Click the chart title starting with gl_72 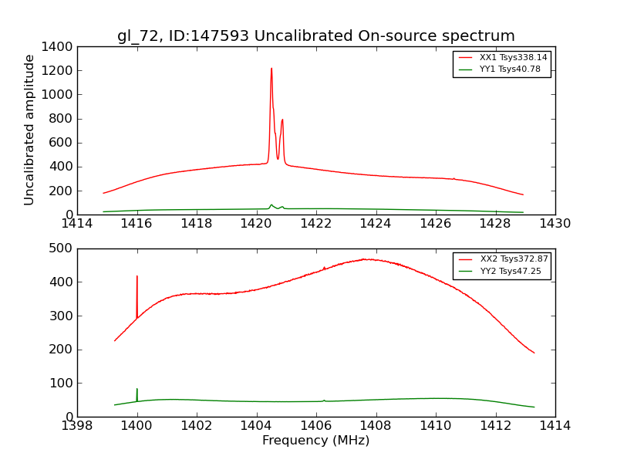[316, 36]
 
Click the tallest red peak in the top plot [271, 69]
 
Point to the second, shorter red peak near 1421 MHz [282, 120]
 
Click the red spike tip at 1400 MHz [137, 276]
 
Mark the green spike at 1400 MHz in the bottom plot [137, 390]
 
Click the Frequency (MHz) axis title [316, 441]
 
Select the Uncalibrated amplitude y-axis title [29, 130]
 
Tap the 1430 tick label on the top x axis [555, 224]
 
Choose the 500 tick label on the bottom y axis [62, 248]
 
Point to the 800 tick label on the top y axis [62, 119]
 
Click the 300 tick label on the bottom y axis [62, 316]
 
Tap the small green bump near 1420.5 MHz [271, 205]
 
